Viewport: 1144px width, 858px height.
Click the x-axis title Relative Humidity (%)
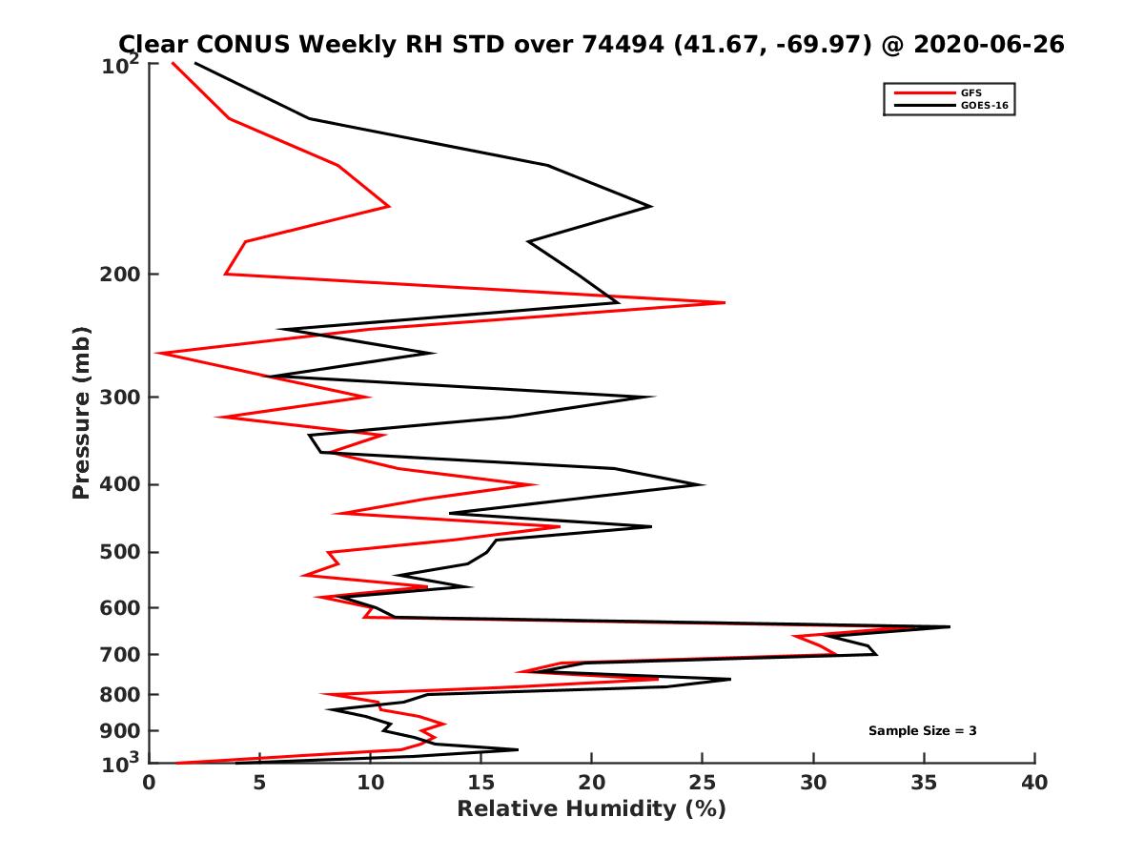[591, 809]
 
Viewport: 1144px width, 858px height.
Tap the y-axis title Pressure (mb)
[81, 412]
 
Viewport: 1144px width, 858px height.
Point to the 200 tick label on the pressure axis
[117, 275]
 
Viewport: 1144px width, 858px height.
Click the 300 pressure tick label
[117, 397]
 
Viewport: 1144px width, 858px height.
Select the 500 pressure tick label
[117, 552]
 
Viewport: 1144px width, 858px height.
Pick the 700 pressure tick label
[117, 654]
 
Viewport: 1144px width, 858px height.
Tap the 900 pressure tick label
[117, 730]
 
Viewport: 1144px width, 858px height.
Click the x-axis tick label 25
[703, 783]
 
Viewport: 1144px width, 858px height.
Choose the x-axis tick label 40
[1034, 783]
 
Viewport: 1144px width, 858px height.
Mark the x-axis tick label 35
[924, 783]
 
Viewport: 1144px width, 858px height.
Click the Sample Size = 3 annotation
[922, 731]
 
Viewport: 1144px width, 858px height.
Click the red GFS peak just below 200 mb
[725, 302]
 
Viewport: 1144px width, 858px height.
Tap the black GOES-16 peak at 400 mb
[704, 484]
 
